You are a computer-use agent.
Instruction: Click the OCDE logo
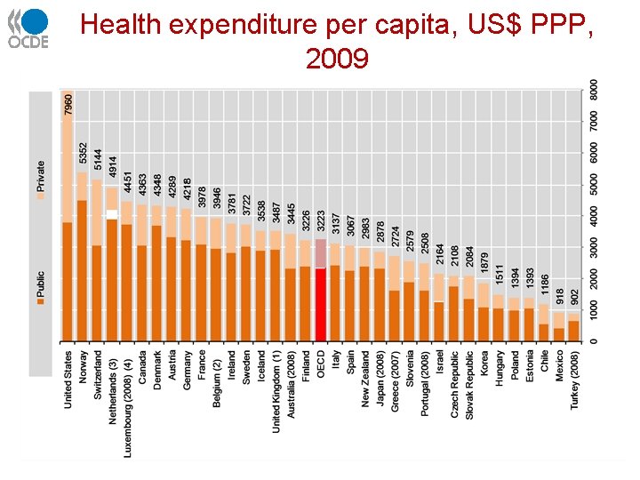click(x=29, y=28)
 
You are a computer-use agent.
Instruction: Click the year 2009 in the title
click(x=336, y=59)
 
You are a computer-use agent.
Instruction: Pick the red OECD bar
click(x=321, y=303)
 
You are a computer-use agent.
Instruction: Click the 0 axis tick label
click(x=594, y=341)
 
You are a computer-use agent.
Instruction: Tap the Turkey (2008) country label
click(x=574, y=389)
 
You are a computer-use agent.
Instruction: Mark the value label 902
click(x=574, y=298)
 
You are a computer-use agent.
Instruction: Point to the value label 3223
click(x=321, y=222)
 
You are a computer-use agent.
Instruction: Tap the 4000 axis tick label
click(x=594, y=215)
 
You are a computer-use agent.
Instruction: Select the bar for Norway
click(x=83, y=258)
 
